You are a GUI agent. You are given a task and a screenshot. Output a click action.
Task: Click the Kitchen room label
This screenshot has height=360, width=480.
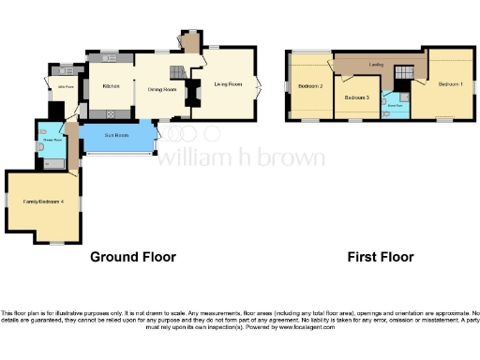point(111,86)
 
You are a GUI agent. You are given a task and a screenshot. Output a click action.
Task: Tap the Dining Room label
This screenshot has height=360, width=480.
point(162,90)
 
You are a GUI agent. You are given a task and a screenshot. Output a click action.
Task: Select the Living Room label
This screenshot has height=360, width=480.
point(228,85)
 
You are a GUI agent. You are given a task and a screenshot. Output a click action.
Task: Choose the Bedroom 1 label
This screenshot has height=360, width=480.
point(450,84)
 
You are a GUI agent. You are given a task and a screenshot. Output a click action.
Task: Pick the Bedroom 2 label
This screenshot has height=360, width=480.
point(310,86)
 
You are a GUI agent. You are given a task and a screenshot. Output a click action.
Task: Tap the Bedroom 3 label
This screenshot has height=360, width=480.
point(355,97)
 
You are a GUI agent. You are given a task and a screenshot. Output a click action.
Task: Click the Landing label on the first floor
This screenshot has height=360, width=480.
point(375,64)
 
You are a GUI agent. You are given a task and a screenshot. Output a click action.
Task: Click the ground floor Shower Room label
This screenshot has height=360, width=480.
point(52,141)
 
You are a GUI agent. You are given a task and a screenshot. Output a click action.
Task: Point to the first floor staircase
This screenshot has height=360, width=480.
point(405,72)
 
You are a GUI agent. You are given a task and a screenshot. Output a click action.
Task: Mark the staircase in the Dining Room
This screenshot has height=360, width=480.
point(176,72)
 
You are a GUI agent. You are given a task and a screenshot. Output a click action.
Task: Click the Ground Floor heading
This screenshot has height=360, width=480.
point(132,256)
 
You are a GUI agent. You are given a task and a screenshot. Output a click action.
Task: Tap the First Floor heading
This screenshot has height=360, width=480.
point(381,256)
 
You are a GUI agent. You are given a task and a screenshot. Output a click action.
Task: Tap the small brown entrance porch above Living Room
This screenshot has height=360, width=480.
point(191,42)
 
